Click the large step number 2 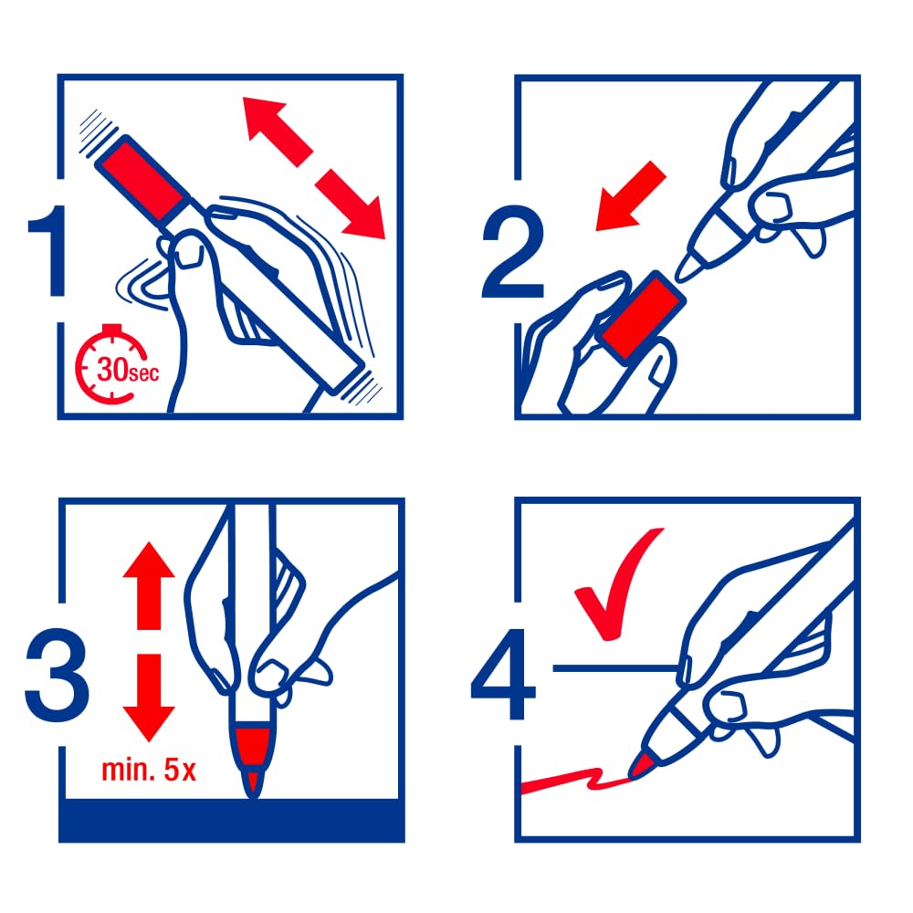513,252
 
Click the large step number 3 57,675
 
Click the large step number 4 502,675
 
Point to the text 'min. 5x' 149,770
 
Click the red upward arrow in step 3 149,585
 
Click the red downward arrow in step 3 149,698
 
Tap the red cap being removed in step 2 643,319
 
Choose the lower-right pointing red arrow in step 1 351,204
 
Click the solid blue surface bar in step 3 232,821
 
